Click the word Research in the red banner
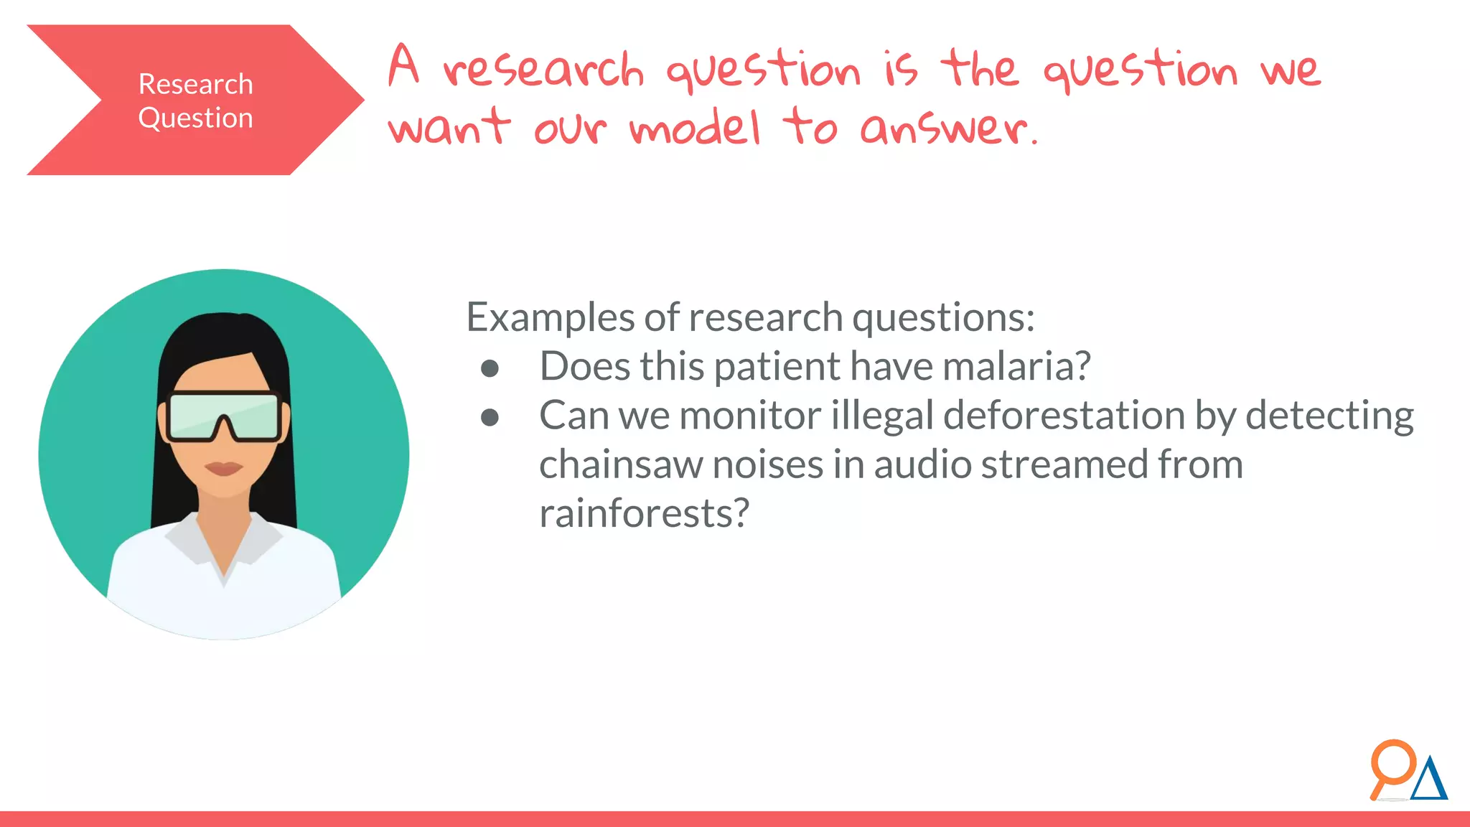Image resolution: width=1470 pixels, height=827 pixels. pyautogui.click(x=195, y=85)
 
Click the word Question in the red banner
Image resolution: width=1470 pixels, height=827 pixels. pyautogui.click(x=195, y=118)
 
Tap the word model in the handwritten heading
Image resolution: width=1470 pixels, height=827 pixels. pyautogui.click(x=695, y=128)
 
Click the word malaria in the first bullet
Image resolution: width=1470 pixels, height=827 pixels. pyautogui.click(x=1016, y=366)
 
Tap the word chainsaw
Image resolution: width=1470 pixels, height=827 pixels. pyautogui.click(x=620, y=464)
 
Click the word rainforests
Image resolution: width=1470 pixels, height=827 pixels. pyautogui.click(x=644, y=513)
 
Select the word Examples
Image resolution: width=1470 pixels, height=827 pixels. pyautogui.click(x=550, y=317)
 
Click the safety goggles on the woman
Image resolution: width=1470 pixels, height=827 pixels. pyautogui.click(x=223, y=416)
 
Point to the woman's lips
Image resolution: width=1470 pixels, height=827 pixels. pyautogui.click(x=223, y=468)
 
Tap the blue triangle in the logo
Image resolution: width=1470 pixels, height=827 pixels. pyautogui.click(x=1429, y=780)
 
